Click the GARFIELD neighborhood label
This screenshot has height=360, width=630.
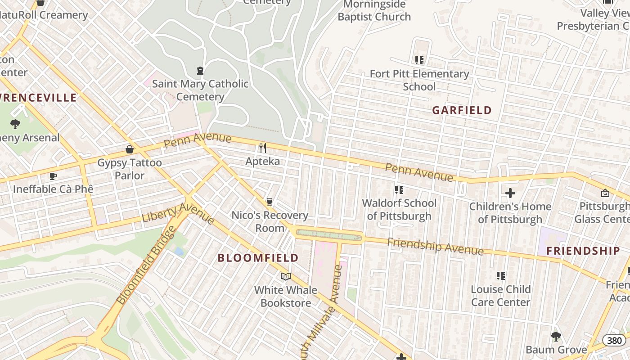click(x=462, y=110)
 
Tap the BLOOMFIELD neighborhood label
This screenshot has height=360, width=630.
click(x=258, y=258)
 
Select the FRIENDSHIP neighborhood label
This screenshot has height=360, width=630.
click(x=583, y=251)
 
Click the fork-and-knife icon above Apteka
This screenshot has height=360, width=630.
click(x=263, y=148)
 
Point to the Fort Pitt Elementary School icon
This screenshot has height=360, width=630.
click(x=419, y=60)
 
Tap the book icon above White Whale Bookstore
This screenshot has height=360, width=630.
click(x=286, y=276)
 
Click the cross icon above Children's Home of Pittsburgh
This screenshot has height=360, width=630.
click(x=510, y=193)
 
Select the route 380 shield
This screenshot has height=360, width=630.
click(x=615, y=340)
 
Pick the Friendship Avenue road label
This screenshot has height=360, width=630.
click(x=435, y=246)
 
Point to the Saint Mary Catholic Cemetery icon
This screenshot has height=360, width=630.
click(x=200, y=71)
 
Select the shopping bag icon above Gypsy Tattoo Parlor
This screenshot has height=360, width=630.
click(x=130, y=149)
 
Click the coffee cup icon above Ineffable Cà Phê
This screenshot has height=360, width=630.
click(x=53, y=176)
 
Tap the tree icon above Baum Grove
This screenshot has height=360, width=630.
click(x=556, y=336)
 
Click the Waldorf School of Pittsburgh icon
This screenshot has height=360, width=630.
click(x=399, y=190)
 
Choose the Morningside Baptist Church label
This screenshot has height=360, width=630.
click(x=374, y=11)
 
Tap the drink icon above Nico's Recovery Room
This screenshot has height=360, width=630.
click(x=270, y=202)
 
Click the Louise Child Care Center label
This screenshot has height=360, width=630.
click(x=500, y=295)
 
